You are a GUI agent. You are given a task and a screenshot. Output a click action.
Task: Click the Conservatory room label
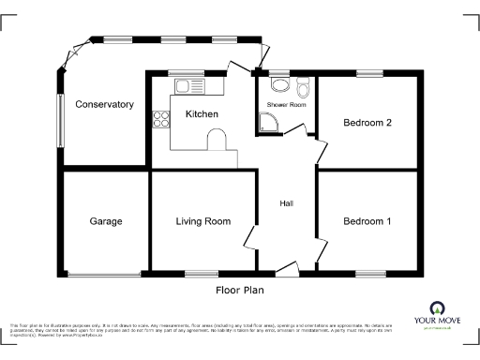pos(105,104)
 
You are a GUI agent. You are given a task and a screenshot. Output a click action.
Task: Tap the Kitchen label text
pos(202,114)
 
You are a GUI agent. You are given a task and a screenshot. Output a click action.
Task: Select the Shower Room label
pos(286,105)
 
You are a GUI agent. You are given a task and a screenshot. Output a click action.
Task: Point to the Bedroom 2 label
pos(367,122)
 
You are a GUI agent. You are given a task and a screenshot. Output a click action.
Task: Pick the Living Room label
pos(203,222)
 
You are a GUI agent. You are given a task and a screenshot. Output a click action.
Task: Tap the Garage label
pos(106,222)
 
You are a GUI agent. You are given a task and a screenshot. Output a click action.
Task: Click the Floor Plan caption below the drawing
pos(239,291)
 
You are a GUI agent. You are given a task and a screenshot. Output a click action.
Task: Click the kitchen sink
pos(188,86)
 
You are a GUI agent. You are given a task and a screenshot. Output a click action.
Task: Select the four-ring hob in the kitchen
pos(158,119)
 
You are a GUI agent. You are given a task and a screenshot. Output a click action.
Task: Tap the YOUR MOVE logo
pos(436,314)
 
